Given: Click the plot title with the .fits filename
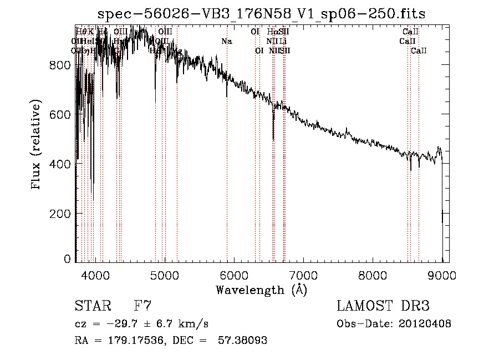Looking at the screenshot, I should [x=262, y=14].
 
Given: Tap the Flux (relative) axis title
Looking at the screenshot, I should [x=37, y=145].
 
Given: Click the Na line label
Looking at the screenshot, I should [x=226, y=41].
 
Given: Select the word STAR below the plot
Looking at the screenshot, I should [x=92, y=306].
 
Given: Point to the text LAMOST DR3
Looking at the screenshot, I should [x=383, y=306].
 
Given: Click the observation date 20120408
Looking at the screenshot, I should [x=426, y=323].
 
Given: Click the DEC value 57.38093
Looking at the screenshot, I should [x=242, y=341].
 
